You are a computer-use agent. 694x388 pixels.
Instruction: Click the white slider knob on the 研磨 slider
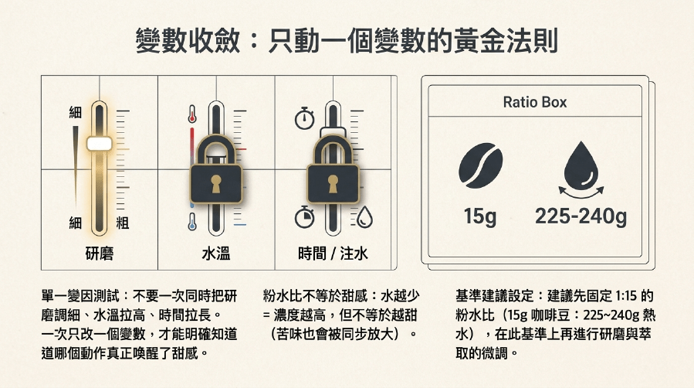(99, 144)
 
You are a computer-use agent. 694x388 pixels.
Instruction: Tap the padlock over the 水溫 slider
(216, 168)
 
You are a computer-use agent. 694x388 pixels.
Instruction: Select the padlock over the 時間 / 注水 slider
(333, 168)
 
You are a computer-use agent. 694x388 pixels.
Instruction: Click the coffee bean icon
(480, 165)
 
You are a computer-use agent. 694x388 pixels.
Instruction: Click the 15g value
(480, 216)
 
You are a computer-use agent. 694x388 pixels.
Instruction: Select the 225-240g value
(581, 216)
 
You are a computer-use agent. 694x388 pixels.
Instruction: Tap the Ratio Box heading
(535, 102)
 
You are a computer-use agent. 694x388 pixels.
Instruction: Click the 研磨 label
(99, 254)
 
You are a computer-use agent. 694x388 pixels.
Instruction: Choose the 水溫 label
(216, 254)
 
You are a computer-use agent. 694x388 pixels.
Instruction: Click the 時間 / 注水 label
(333, 254)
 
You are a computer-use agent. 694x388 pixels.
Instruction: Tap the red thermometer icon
(191, 114)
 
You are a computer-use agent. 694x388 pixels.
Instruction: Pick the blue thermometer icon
(191, 222)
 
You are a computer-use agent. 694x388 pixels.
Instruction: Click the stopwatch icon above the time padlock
(304, 118)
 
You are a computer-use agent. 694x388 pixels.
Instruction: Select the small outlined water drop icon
(364, 217)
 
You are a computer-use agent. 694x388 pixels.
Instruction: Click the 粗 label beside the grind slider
(123, 223)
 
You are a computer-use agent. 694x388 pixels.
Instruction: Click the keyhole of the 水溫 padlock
(216, 183)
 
